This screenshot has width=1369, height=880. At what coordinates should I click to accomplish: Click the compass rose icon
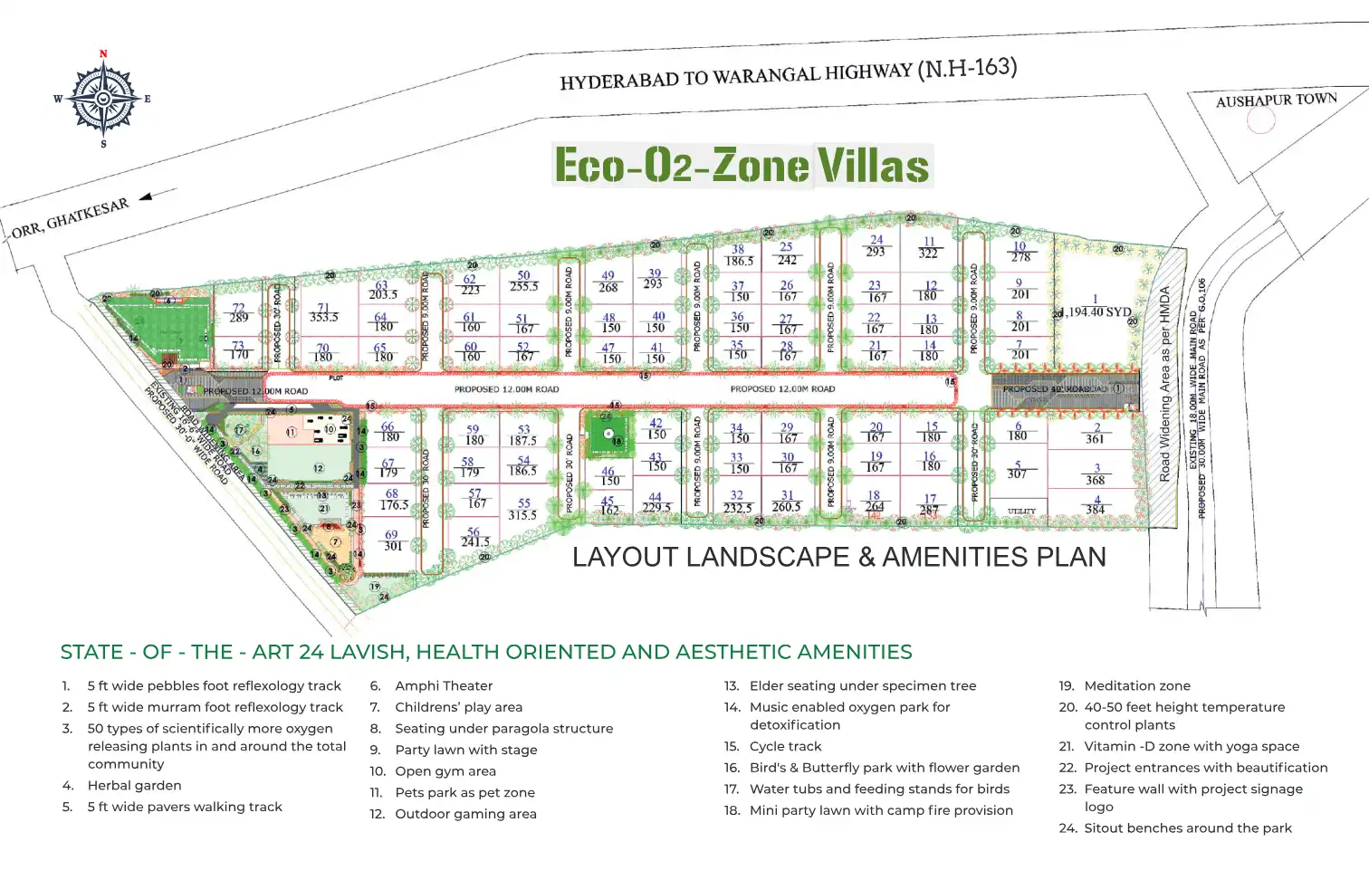tap(103, 99)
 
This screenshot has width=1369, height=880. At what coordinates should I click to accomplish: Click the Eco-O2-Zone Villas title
tap(742, 166)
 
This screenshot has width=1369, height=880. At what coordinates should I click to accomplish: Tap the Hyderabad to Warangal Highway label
tap(788, 75)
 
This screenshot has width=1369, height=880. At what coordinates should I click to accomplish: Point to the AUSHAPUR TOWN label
tap(1276, 100)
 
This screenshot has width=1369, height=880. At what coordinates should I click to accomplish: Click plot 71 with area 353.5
tap(323, 313)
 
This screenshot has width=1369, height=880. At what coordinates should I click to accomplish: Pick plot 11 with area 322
tap(928, 248)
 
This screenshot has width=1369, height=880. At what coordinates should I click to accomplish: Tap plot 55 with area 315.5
tap(522, 509)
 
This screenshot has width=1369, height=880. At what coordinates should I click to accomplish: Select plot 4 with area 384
tap(1096, 505)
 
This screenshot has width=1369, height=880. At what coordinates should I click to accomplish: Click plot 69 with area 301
tap(392, 540)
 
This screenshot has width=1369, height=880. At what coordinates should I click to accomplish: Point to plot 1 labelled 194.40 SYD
tap(1097, 307)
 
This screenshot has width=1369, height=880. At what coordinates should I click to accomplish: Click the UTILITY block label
tap(1021, 512)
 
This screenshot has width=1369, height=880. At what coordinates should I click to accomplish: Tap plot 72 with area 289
tap(238, 313)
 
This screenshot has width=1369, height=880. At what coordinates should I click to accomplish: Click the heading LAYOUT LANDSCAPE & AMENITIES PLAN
tap(838, 557)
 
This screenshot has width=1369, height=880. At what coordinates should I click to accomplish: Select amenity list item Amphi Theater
tap(444, 686)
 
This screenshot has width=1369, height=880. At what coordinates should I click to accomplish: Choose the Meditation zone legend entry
tap(1137, 686)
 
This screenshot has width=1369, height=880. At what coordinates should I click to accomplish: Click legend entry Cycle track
tap(785, 747)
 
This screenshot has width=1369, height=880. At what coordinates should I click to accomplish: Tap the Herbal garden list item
tap(134, 786)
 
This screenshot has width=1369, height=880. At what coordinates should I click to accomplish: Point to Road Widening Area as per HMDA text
tap(1164, 384)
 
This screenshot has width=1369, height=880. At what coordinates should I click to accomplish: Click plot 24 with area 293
tap(876, 246)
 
